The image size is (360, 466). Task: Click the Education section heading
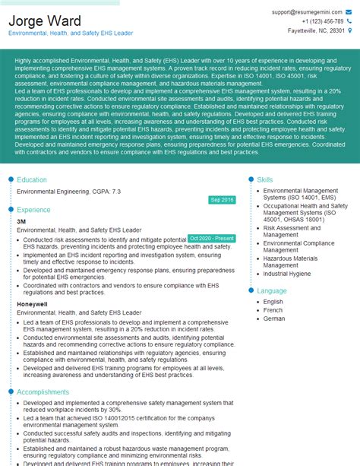coord(32,180)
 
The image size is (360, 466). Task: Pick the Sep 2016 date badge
coord(222,199)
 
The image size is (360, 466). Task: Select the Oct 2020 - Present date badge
coord(211,238)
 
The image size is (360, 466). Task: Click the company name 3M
coord(21,221)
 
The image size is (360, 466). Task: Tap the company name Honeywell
coord(32,304)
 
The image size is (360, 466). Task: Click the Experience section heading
coord(33,209)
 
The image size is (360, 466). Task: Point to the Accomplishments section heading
coord(43,392)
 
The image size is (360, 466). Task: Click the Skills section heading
coord(265,179)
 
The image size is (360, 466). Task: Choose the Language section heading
coord(272,290)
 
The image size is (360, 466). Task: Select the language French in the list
coord(273,310)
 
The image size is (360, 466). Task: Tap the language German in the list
coord(274,319)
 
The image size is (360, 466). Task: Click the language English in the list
coord(273,302)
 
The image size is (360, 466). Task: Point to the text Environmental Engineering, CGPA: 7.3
coord(68,192)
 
